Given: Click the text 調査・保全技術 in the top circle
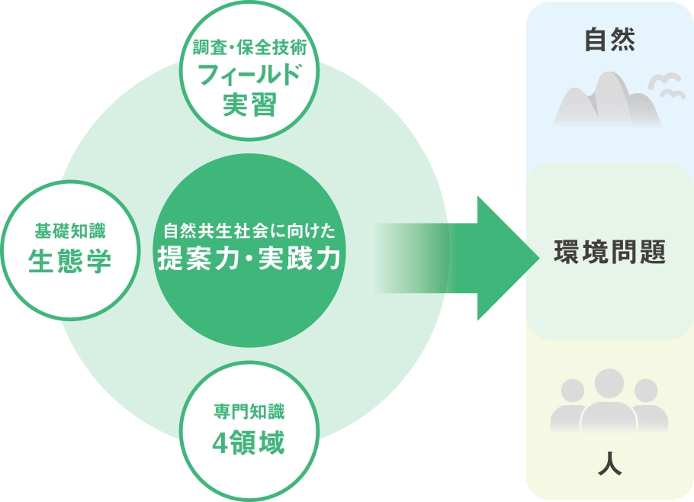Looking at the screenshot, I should [x=249, y=48].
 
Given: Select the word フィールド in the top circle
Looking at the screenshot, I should [x=249, y=75].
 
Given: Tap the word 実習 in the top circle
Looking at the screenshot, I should [x=249, y=104].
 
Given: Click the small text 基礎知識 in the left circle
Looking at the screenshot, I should [x=70, y=230].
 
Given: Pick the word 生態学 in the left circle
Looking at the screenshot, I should [x=70, y=261].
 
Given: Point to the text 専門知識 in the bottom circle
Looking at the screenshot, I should [x=249, y=413].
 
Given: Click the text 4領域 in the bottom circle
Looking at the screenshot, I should [x=249, y=443].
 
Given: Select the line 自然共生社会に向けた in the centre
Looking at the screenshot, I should [x=249, y=230].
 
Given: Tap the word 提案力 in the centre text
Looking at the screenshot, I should [x=194, y=260].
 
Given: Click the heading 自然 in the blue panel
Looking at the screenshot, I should [x=609, y=40].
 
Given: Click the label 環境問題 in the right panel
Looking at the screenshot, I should [x=609, y=252].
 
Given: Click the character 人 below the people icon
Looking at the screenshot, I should [x=609, y=464].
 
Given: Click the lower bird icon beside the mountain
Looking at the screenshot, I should [x=672, y=94].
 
